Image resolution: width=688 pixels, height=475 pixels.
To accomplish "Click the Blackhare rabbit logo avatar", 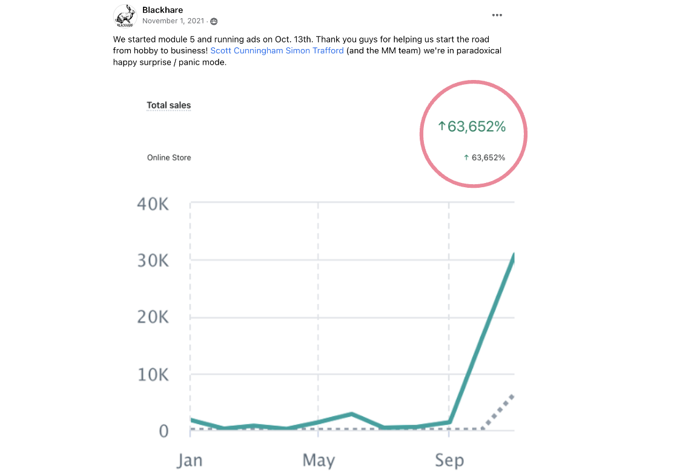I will (x=125, y=16).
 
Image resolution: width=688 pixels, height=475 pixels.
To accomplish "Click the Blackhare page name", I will (x=162, y=10).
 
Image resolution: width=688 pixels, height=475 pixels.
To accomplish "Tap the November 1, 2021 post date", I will (x=174, y=21).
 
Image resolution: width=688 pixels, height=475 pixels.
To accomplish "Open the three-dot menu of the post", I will (x=497, y=15).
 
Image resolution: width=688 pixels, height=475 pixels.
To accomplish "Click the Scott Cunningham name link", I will (x=246, y=51).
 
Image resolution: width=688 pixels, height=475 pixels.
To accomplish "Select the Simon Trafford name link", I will (x=315, y=51).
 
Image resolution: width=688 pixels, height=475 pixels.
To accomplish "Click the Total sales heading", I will (x=169, y=105).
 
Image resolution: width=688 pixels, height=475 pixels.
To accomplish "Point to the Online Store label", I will (x=169, y=158).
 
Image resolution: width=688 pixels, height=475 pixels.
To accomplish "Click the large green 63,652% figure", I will (x=472, y=127).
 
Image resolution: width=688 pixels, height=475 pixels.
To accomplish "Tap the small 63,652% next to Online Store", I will (x=485, y=158).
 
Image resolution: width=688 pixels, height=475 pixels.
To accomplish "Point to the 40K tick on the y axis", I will (x=153, y=204).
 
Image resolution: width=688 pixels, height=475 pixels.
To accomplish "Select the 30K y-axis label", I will (x=153, y=261).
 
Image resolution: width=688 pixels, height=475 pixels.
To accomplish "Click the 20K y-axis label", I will (x=153, y=317).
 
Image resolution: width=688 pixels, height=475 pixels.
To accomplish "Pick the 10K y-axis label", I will (x=153, y=374).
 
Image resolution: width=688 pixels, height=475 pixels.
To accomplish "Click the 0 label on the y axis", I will (x=163, y=431).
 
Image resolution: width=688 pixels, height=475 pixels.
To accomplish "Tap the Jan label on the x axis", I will (x=190, y=460).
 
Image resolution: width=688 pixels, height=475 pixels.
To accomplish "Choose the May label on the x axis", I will (x=319, y=460).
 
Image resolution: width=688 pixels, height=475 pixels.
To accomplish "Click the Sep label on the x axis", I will (x=449, y=460).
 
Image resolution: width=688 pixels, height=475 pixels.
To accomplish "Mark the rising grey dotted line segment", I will (x=498, y=412).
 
